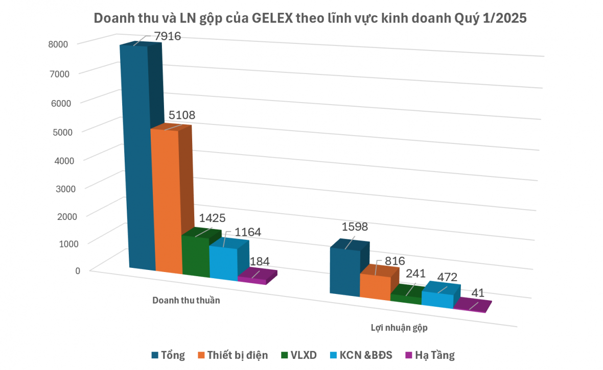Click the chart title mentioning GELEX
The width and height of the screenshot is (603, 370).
pyautogui.click(x=309, y=19)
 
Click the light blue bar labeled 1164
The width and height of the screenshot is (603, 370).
pyautogui.click(x=223, y=262)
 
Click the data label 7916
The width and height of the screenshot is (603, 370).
pyautogui.click(x=167, y=37)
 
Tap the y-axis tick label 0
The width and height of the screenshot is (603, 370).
pyautogui.click(x=78, y=270)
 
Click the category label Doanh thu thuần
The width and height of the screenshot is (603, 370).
pyautogui.click(x=186, y=300)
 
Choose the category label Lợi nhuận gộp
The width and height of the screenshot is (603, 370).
pyautogui.click(x=399, y=328)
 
